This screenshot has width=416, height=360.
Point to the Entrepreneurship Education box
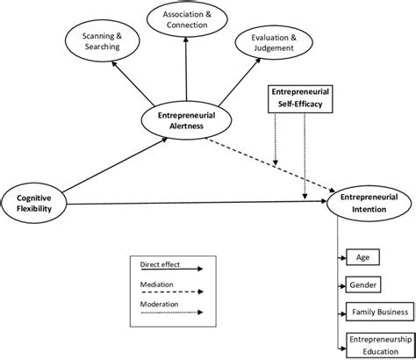pyautogui.click(x=379, y=344)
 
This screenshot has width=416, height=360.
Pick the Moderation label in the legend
pyautogui.click(x=160, y=305)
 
